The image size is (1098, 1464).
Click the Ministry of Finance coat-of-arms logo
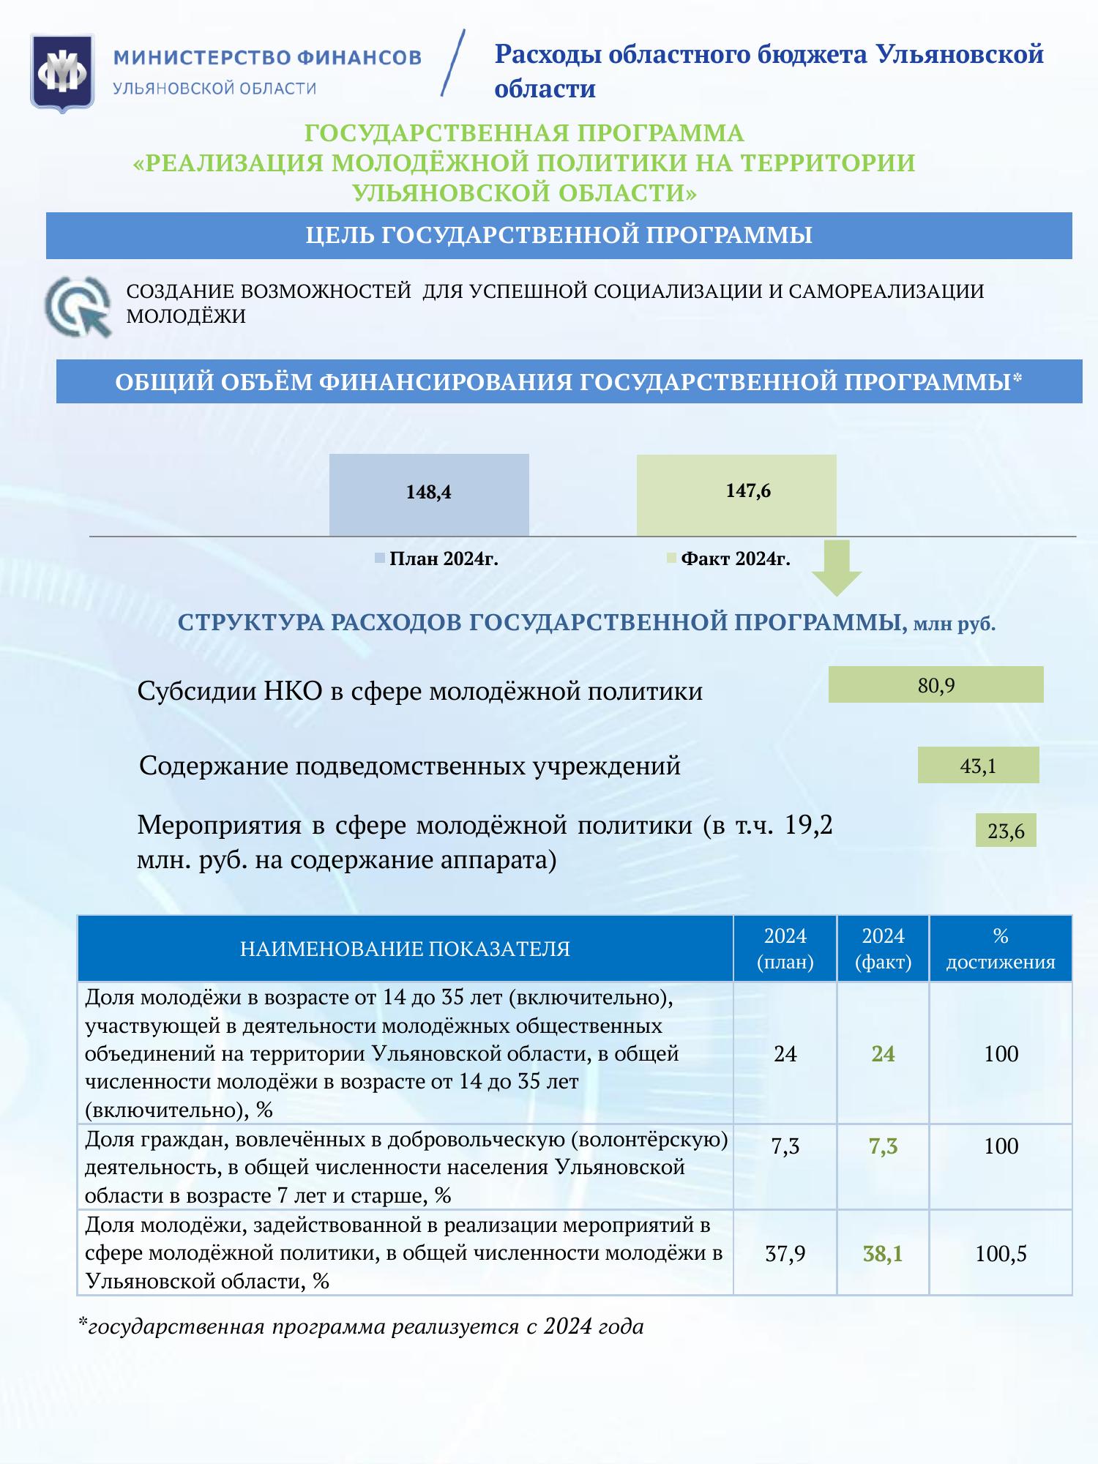coord(62,72)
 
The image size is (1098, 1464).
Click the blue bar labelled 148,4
coord(429,495)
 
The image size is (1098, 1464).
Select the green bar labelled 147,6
coord(736,495)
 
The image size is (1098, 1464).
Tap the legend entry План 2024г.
coord(437,559)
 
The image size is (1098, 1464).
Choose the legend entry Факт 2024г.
coord(729,559)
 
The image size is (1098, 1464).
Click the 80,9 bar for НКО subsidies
coord(935,685)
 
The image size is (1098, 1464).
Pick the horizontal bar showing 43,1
coord(978,766)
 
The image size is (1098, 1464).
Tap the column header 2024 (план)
coord(785,949)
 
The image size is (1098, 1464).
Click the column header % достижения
coord(1001,949)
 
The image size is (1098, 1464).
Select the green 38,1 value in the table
coord(883,1254)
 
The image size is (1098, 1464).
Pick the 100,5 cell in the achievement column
coord(1001,1254)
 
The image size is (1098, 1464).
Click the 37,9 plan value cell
coord(785,1254)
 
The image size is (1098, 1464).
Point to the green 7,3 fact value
coord(883,1146)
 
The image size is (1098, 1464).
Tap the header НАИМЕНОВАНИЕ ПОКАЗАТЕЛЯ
coord(405,949)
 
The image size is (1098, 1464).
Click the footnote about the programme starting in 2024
coord(362,1326)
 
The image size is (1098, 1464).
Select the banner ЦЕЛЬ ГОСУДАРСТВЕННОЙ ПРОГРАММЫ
coord(559,236)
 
